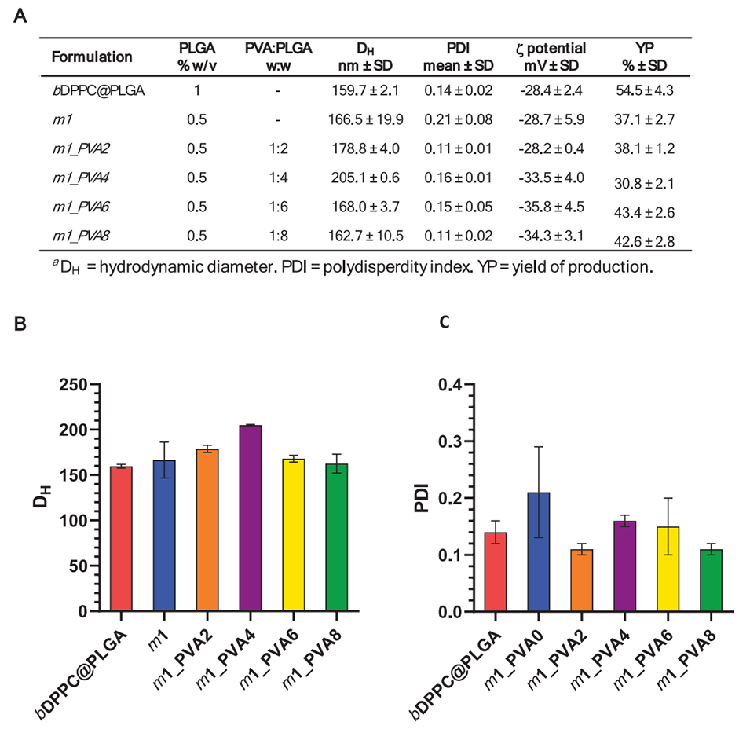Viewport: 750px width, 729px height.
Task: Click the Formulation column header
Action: (x=92, y=57)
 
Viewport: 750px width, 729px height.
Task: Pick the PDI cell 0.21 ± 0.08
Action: (x=458, y=119)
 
